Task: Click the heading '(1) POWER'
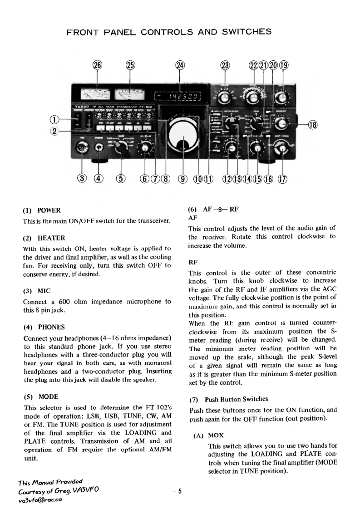[x=41, y=210]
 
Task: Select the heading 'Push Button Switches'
[x=234, y=399]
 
